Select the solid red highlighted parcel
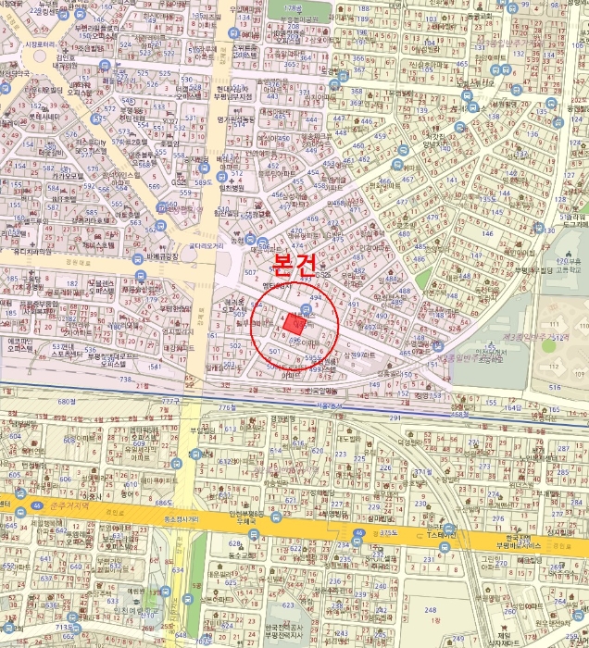tap(295, 324)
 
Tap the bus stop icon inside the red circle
tap(307, 308)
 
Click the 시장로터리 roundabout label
tap(43, 44)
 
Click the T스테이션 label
tap(442, 535)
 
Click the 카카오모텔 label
tap(69, 175)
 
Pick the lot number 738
tap(126, 380)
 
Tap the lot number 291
tap(394, 418)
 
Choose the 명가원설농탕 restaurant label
tap(236, 119)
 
